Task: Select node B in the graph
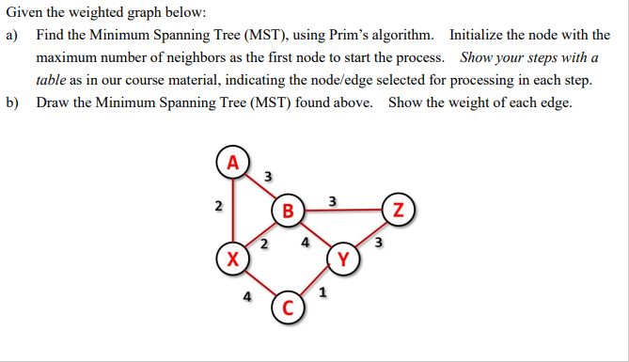point(289,209)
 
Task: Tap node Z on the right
point(399,209)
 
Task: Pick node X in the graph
point(232,258)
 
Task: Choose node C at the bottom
point(288,308)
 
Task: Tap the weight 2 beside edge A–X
point(218,206)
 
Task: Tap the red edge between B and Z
point(343,210)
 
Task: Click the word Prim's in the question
point(337,35)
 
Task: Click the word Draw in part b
point(54,102)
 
